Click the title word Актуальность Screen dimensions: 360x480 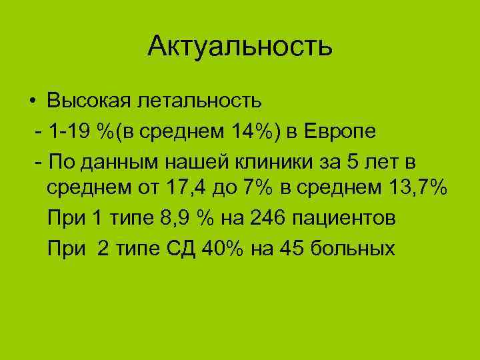click(x=240, y=46)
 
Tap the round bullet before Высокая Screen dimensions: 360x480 click(x=32, y=102)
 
